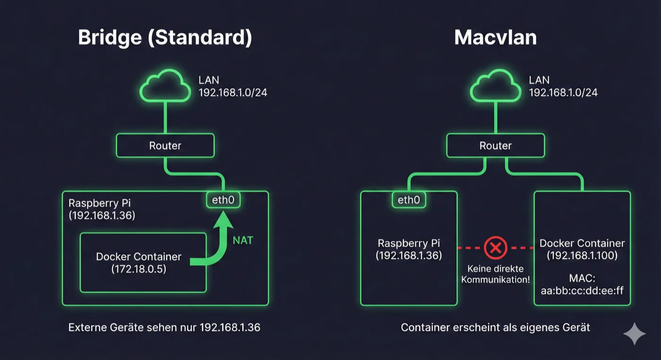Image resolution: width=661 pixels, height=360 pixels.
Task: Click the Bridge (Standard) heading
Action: [165, 38]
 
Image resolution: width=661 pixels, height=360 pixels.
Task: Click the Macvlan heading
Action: [495, 38]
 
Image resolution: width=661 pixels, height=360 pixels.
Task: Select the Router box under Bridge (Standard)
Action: [165, 145]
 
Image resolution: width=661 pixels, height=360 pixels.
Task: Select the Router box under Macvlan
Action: [496, 145]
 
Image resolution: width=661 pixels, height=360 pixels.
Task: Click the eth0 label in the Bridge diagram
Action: [223, 200]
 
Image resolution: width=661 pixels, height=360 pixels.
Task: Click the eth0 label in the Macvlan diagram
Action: [409, 200]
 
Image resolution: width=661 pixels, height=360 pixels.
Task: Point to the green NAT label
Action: [243, 241]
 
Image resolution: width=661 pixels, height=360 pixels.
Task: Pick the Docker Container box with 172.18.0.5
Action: [143, 262]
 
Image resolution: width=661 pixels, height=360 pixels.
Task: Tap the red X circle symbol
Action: [495, 247]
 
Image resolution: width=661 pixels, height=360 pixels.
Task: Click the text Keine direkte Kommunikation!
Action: [495, 274]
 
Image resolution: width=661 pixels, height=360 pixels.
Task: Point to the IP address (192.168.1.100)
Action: [582, 256]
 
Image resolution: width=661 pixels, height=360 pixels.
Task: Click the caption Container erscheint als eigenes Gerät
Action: [495, 327]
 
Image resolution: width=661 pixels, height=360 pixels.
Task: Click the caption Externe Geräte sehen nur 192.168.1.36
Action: [164, 327]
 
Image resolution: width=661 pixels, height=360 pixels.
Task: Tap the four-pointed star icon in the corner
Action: [634, 334]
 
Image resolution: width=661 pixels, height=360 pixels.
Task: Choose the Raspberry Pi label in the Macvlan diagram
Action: [409, 244]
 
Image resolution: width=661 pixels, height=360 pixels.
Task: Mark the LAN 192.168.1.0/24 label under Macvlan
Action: [563, 86]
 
